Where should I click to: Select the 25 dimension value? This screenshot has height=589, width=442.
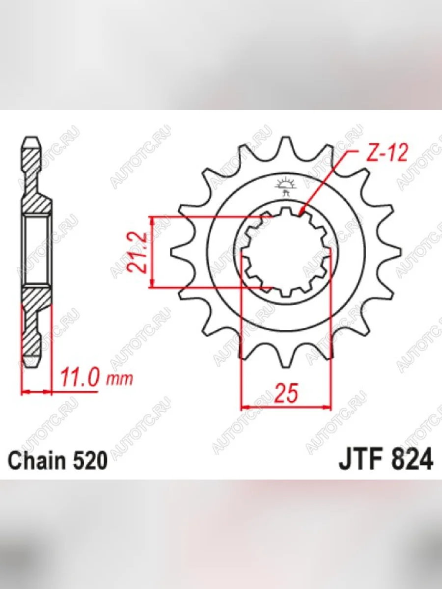point(286,393)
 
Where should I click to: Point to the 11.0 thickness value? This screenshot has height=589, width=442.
point(79,377)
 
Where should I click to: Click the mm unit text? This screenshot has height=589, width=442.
point(119,379)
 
